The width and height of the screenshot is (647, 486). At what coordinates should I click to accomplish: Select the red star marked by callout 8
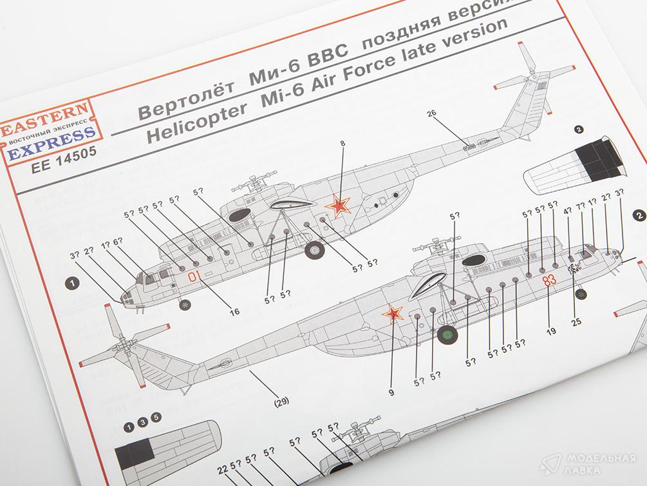[x=339, y=206]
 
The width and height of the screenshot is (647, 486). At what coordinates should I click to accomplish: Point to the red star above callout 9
[x=392, y=315]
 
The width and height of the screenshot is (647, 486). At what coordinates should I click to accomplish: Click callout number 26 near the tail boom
[x=431, y=114]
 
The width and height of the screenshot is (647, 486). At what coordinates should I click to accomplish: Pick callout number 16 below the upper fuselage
[x=234, y=311]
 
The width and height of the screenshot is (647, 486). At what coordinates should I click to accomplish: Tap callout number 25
[x=576, y=322]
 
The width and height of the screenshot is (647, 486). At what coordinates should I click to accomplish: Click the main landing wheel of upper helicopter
[x=315, y=248]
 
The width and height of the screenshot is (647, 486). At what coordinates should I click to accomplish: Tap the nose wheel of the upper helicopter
[x=185, y=305]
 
